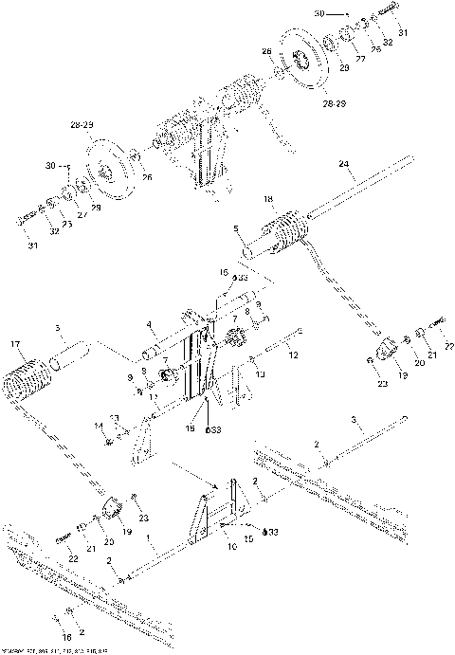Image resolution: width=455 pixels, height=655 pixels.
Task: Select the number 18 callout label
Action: pos(268,199)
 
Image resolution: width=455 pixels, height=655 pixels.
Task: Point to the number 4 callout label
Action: pos(149,326)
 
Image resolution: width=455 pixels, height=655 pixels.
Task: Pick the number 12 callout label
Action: pos(295,355)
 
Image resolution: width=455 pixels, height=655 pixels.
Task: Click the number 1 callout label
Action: pos(149,548)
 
